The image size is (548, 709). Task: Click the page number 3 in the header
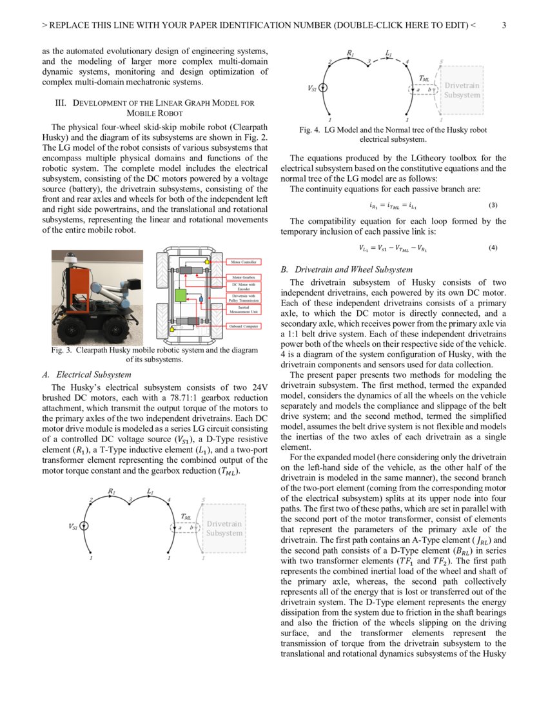click(x=504, y=26)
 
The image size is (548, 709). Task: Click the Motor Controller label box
click(x=244, y=262)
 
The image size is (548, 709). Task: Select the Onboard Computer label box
click(x=244, y=327)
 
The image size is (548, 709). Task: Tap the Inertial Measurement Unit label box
click(x=244, y=311)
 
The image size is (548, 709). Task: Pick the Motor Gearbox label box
click(x=244, y=277)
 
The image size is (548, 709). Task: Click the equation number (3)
click(x=493, y=206)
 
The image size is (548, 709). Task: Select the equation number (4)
click(x=493, y=248)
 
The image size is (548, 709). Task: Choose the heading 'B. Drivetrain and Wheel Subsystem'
click(x=347, y=269)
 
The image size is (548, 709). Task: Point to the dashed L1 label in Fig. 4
click(x=389, y=52)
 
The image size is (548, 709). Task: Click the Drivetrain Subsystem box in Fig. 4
click(x=462, y=90)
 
